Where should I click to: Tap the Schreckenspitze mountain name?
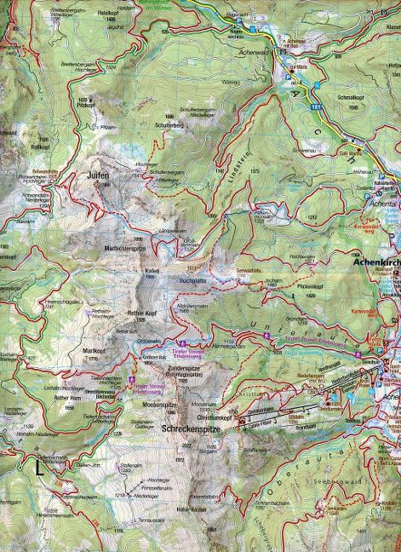189,430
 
